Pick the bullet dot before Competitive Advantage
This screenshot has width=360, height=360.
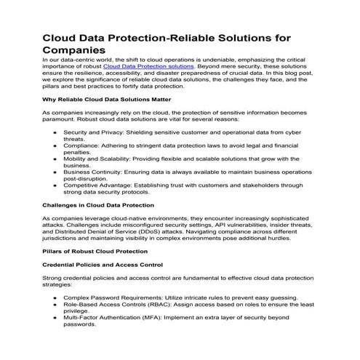tap(56, 185)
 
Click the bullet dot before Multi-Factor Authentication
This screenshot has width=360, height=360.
tap(56, 318)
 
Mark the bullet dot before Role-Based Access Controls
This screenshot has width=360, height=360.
tap(56, 307)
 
